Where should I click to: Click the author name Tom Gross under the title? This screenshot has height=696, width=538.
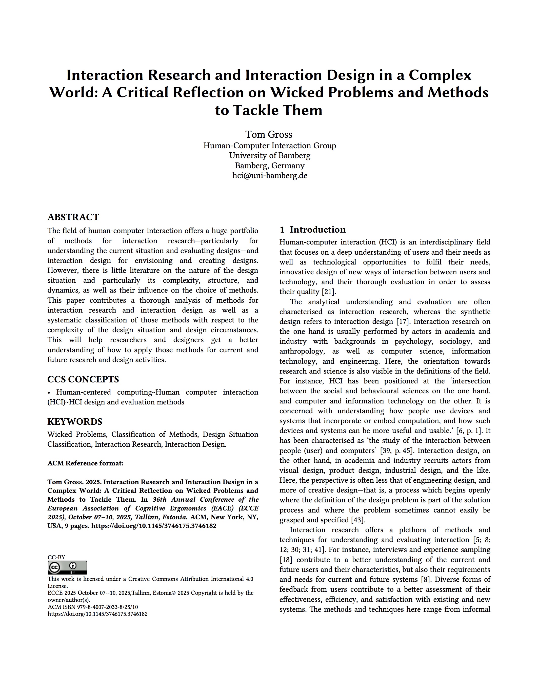(x=269, y=134)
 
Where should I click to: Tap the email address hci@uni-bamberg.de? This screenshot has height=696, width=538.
(x=270, y=176)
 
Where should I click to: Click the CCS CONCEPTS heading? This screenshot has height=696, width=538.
(x=83, y=379)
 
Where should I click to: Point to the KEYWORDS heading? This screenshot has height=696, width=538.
(x=75, y=421)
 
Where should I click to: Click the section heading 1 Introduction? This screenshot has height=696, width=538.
(x=312, y=230)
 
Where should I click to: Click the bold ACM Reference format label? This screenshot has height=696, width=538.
(x=85, y=463)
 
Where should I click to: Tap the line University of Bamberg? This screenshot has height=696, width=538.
(x=270, y=155)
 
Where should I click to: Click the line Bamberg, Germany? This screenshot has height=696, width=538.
(x=270, y=166)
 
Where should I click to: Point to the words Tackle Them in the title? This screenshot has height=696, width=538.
(x=277, y=110)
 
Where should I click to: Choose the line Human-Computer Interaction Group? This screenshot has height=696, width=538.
(x=270, y=146)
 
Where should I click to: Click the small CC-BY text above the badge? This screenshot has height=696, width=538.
(x=56, y=557)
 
